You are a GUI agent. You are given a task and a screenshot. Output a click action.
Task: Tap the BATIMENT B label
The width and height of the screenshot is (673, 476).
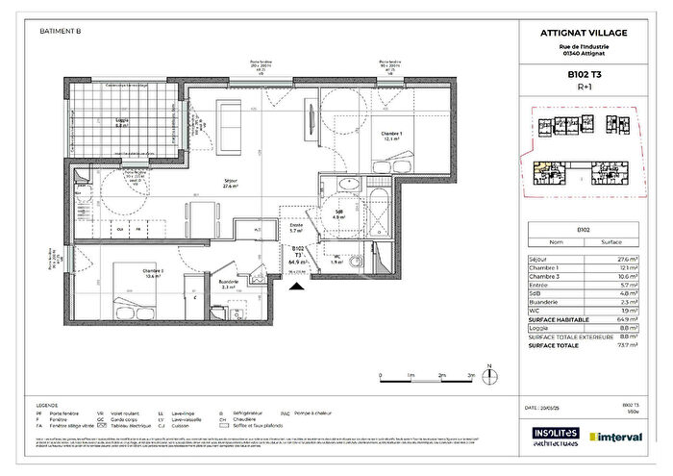61,31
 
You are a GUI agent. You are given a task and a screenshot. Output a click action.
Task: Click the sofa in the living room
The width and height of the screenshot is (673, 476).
233,118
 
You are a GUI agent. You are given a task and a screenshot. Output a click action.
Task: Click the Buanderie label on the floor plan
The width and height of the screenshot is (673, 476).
229,284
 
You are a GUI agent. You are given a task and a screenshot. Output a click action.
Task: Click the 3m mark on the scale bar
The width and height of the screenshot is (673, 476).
469,376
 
